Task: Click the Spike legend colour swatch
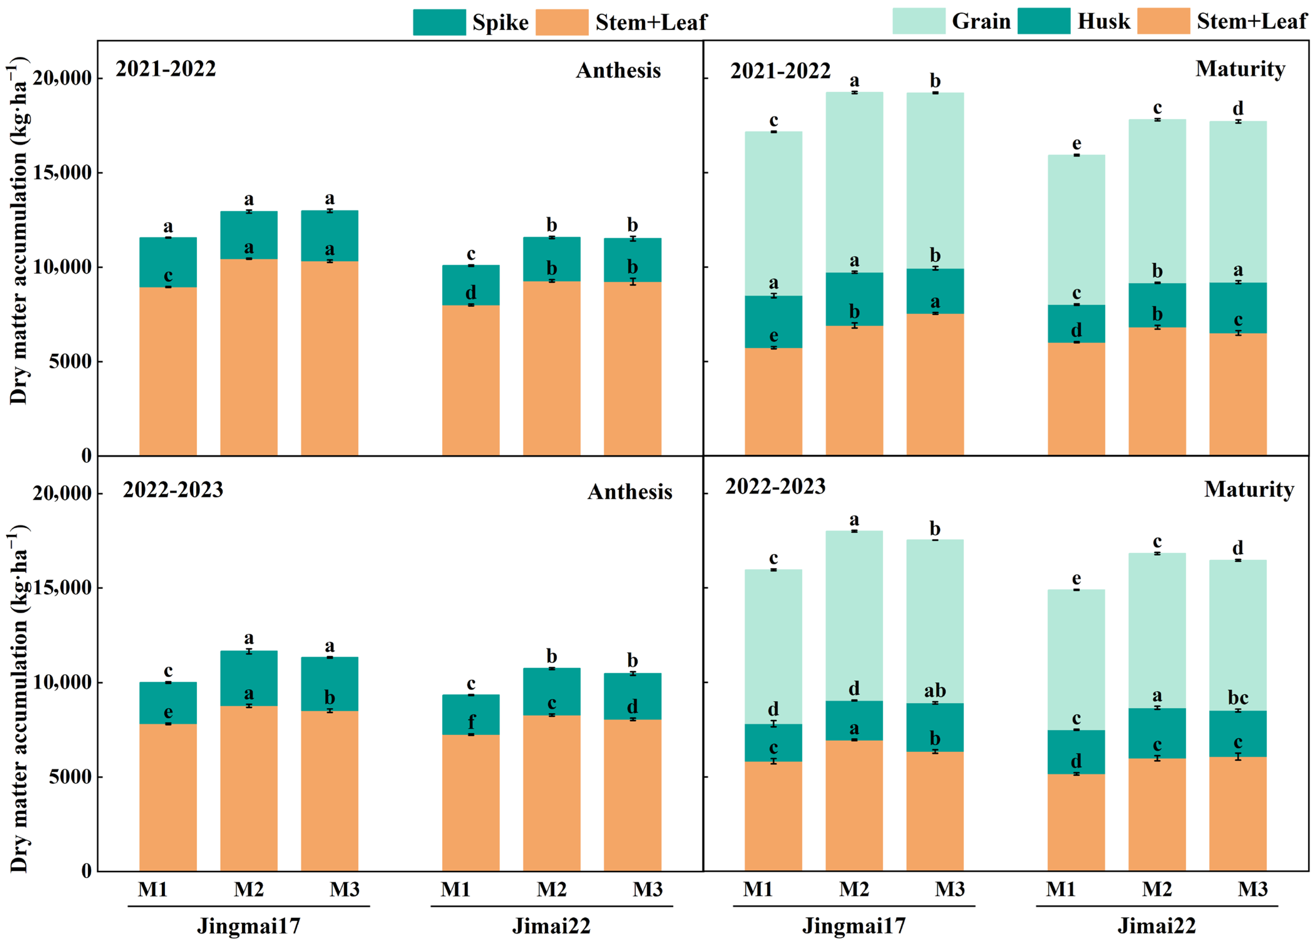(x=439, y=22)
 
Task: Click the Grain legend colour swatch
(x=918, y=21)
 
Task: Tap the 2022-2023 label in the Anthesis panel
(x=173, y=490)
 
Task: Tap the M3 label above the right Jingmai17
(x=950, y=889)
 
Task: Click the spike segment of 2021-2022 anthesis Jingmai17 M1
(x=167, y=262)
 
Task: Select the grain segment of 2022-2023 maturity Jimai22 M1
(x=1076, y=660)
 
